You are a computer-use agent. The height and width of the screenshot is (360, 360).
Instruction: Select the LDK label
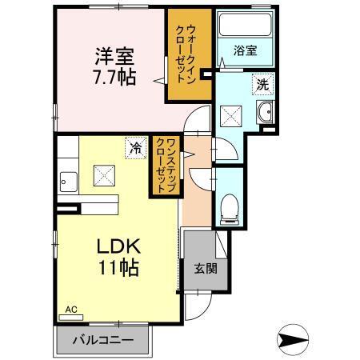click(x=118, y=245)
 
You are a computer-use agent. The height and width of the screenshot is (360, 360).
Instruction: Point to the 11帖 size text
click(x=118, y=267)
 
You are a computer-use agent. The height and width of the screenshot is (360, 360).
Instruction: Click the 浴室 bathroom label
click(x=245, y=50)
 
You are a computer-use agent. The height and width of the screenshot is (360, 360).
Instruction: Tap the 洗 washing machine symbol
click(x=262, y=83)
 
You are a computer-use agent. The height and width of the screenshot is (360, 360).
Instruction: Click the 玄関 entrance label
click(x=204, y=268)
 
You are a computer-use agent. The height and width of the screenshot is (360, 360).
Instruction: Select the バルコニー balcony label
click(x=102, y=340)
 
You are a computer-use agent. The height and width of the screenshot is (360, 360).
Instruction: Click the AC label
click(x=70, y=309)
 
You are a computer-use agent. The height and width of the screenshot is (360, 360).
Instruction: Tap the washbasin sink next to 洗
click(x=265, y=112)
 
